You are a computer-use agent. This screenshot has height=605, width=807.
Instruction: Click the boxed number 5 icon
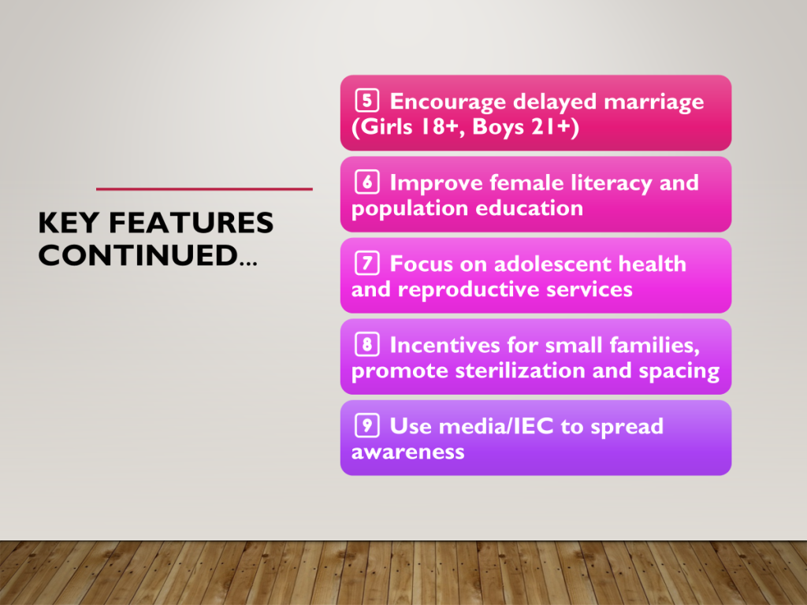point(367,100)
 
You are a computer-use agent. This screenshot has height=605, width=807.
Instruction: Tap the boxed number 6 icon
point(367,182)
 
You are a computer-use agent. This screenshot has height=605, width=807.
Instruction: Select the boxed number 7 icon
point(367,263)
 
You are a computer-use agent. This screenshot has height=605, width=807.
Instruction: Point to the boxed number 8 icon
point(367,344)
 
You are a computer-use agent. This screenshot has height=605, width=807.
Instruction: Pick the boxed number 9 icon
point(367,425)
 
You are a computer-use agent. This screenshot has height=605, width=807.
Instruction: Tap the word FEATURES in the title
point(191,223)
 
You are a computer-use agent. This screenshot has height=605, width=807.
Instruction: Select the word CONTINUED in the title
point(138,255)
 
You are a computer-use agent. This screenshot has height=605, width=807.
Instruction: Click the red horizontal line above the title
point(204,189)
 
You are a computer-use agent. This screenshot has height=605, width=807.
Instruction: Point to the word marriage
point(653,102)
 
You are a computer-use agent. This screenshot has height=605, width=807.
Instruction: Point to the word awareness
point(408,451)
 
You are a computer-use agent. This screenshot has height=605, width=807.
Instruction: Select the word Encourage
point(448,102)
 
